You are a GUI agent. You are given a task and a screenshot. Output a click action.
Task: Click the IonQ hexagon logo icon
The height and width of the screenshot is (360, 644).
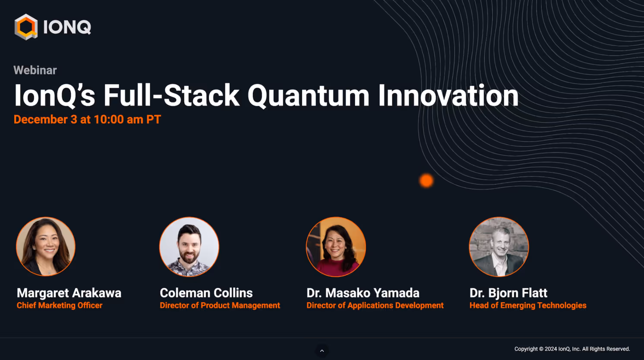pyautogui.click(x=26, y=27)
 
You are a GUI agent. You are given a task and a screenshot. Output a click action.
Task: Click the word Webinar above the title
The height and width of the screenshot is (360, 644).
pyautogui.click(x=35, y=70)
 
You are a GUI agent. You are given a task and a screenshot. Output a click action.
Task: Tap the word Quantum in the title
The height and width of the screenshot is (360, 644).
pyautogui.click(x=308, y=96)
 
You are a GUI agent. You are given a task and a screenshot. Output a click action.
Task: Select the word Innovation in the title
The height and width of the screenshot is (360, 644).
pyautogui.click(x=448, y=95)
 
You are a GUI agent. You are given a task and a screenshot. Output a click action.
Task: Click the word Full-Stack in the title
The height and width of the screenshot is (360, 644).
pyautogui.click(x=171, y=95)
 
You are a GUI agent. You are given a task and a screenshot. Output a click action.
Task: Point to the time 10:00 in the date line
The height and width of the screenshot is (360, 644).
pyautogui.click(x=109, y=120)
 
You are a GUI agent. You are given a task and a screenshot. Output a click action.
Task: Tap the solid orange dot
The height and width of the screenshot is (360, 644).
pyautogui.click(x=426, y=180)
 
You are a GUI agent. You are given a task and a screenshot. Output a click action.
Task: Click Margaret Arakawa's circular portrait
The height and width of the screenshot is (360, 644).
pyautogui.click(x=46, y=246)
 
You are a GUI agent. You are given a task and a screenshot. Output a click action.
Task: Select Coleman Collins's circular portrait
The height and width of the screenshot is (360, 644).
pyautogui.click(x=189, y=247)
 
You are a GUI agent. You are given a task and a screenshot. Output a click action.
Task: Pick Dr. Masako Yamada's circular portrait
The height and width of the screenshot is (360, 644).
pyautogui.click(x=336, y=247)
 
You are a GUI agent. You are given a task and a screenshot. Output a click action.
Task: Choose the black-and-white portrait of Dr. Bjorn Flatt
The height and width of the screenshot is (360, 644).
pyautogui.click(x=499, y=247)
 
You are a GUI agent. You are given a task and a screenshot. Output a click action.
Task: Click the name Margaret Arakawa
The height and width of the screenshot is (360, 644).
pyautogui.click(x=69, y=293)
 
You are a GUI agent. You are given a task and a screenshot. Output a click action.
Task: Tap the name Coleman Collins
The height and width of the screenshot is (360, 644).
pyautogui.click(x=206, y=293)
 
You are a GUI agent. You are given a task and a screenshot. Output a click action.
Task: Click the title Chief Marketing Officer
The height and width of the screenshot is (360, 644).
pyautogui.click(x=60, y=305)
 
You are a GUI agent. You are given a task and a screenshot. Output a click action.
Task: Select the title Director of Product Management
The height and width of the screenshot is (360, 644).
pyautogui.click(x=220, y=305)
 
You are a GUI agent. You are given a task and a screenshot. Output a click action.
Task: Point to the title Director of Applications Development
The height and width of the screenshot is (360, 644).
pyautogui.click(x=375, y=305)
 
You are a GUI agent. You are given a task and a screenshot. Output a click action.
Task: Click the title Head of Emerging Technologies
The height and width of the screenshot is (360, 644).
pyautogui.click(x=528, y=305)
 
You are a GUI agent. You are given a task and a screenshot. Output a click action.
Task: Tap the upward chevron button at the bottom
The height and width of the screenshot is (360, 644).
pyautogui.click(x=322, y=351)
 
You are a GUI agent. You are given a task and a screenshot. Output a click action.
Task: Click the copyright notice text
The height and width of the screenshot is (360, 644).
pyautogui.click(x=572, y=349)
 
